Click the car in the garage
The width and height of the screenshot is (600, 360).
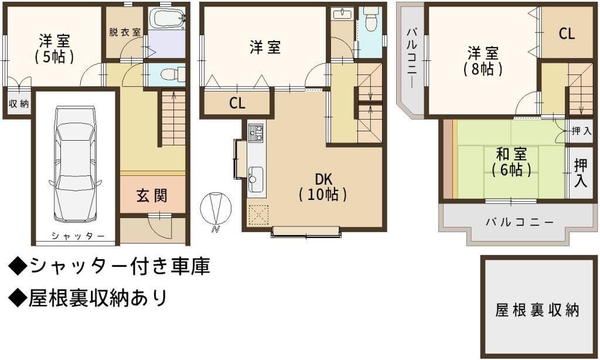point(75,164)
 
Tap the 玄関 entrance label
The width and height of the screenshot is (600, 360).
point(152,196)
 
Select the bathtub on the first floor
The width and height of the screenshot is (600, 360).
point(166,18)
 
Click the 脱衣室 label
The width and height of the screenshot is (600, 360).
point(125,32)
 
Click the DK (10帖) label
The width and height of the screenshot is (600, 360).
point(323,186)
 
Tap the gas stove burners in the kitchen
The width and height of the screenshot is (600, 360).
point(256,132)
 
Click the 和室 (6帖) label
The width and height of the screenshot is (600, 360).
point(511,162)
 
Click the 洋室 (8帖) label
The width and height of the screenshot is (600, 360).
point(483,61)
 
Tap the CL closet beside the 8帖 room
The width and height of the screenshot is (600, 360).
point(567,33)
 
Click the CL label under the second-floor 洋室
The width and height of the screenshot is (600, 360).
point(237,103)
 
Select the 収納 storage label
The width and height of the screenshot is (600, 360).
point(19,103)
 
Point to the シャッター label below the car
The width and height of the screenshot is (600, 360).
point(78,236)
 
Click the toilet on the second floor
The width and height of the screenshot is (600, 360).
point(371,19)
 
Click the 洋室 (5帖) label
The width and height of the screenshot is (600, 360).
point(54,49)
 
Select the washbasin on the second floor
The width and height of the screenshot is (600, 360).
point(342,15)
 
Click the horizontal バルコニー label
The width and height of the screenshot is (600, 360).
point(520,222)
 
